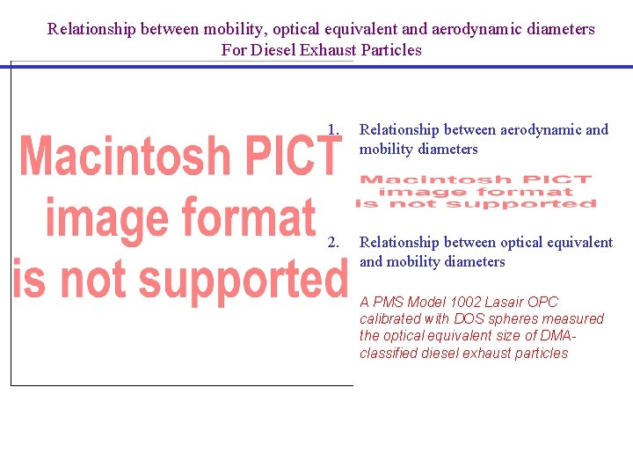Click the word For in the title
point(234,50)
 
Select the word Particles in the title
point(391,50)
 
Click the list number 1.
point(332,130)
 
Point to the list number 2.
point(332,242)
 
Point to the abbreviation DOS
point(469,318)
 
